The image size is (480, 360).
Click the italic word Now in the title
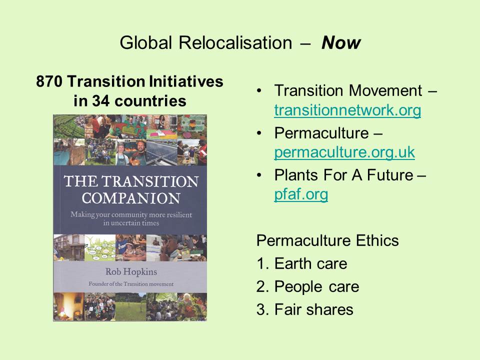341,42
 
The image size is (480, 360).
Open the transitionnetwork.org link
347,110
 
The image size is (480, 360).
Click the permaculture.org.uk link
344,152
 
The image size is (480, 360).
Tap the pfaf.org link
301,194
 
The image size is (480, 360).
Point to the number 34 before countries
100,100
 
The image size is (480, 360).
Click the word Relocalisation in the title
235,42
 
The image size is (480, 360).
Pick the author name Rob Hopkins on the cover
131,272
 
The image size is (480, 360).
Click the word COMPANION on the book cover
131,198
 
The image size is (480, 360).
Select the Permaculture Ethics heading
327,240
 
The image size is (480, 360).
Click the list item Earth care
310,263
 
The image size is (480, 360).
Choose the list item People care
317,287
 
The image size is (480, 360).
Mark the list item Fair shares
314,309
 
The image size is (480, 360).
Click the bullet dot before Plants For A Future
259,175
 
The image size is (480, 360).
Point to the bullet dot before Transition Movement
259,90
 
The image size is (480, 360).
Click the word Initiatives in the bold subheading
186,81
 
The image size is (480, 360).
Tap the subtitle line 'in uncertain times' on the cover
131,223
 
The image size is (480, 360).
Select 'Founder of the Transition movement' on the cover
131,284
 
